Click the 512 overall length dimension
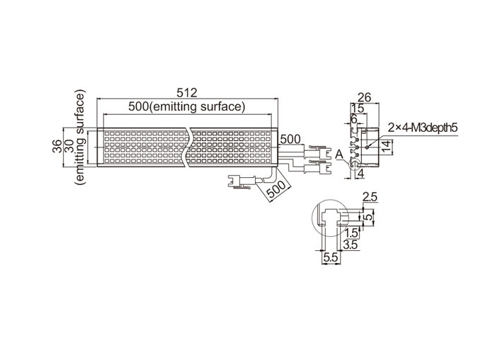[x=187, y=93]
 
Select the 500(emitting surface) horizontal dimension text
[x=187, y=106]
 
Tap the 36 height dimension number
[x=57, y=147]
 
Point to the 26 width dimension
[x=365, y=97]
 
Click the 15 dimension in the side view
[x=358, y=108]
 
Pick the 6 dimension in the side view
[x=353, y=119]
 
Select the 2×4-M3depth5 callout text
[x=423, y=128]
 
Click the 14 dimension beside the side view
[x=386, y=147]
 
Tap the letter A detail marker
[x=339, y=154]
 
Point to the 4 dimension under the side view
[x=361, y=174]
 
